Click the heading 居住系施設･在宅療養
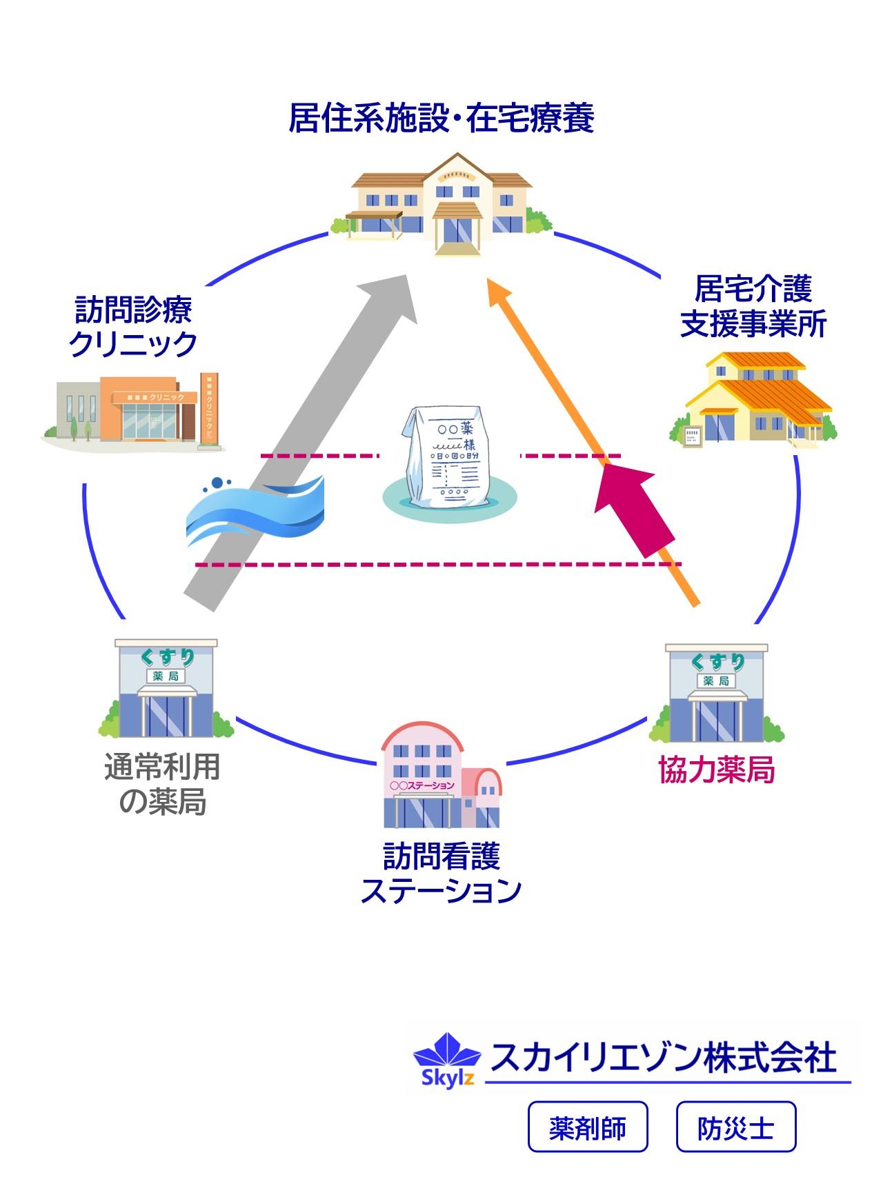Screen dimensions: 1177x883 [441, 118]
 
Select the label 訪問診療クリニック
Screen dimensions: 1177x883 [133, 327]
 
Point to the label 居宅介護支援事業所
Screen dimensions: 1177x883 [753, 306]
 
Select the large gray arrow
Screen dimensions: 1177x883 [304, 441]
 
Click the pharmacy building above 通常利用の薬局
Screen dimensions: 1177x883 [166, 690]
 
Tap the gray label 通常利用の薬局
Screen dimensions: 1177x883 [162, 784]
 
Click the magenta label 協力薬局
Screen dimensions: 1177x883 [717, 770]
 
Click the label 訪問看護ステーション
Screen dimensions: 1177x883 [441, 874]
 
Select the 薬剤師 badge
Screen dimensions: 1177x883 [588, 1127]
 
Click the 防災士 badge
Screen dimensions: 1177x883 [736, 1127]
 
